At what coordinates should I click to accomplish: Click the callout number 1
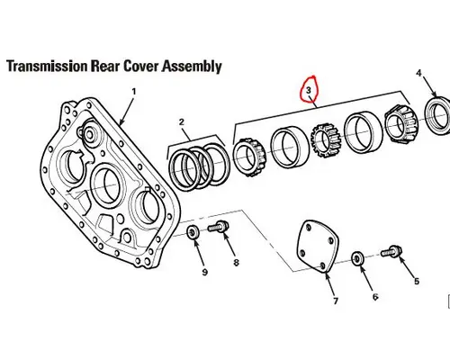(134, 92)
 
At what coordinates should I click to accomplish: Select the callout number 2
(181, 121)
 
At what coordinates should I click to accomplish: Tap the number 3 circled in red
(310, 91)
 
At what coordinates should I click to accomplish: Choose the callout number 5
(416, 281)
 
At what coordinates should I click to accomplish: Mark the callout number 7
(337, 300)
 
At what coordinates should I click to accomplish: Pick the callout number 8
(237, 263)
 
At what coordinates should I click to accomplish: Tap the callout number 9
(203, 271)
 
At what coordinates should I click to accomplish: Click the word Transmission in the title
(53, 67)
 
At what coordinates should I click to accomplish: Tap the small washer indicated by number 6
(359, 258)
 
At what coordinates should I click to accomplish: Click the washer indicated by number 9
(192, 235)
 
